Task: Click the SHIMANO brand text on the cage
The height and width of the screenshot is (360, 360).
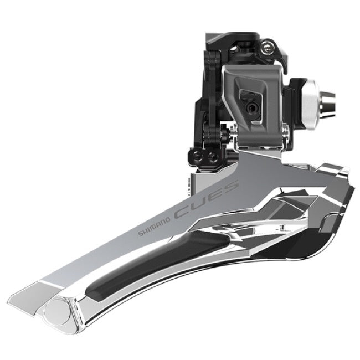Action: pos(155,227)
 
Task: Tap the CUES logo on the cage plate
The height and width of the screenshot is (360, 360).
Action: pos(206,199)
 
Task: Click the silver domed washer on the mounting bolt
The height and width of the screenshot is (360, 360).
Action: pos(310,105)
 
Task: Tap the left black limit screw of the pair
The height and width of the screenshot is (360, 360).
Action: pos(198,157)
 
